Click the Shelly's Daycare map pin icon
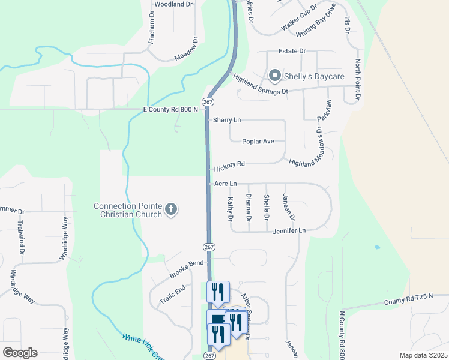(275, 76)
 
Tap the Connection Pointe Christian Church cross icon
(171, 209)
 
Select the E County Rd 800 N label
(170, 110)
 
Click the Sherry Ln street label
(227, 120)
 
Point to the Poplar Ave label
(258, 142)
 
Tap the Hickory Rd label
(229, 164)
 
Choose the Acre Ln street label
(226, 183)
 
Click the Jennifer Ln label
(289, 230)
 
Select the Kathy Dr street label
(230, 208)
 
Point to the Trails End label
(172, 294)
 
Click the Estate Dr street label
(292, 52)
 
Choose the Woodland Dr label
(173, 4)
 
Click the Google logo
(20, 352)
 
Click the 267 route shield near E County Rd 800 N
(208, 103)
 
